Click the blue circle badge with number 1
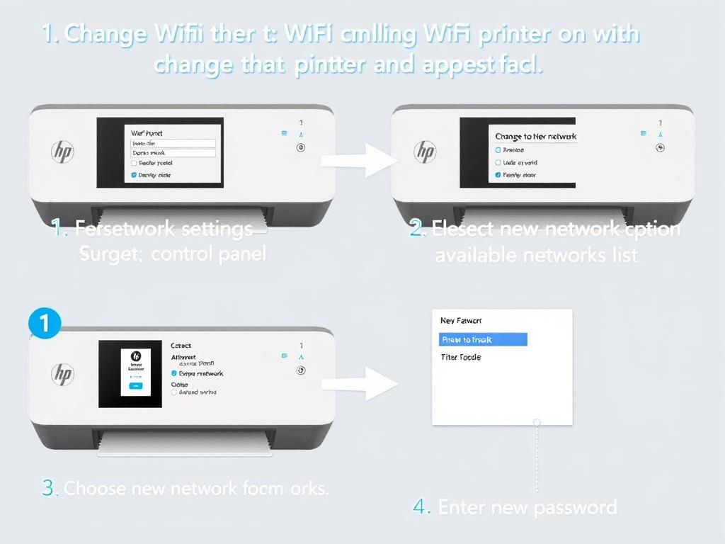(43, 324)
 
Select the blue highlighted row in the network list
(483, 340)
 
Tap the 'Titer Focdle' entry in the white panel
(460, 357)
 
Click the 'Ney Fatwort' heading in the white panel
(460, 321)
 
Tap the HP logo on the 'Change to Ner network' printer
(425, 150)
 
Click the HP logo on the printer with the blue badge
(62, 374)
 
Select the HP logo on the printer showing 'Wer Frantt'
(62, 150)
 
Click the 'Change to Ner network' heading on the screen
(535, 137)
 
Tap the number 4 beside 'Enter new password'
(421, 507)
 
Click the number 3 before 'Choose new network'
(49, 489)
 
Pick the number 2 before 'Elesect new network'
(417, 229)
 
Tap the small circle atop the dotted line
(537, 422)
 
